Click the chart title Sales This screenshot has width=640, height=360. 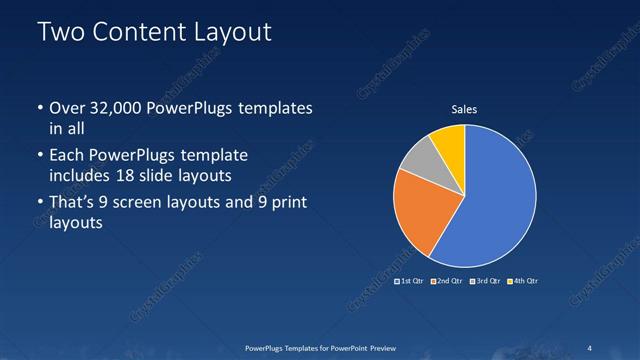click(x=464, y=108)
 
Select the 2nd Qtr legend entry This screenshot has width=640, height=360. click(x=448, y=281)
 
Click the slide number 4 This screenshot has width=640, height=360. click(x=590, y=347)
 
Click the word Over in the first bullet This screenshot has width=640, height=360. click(x=65, y=107)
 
